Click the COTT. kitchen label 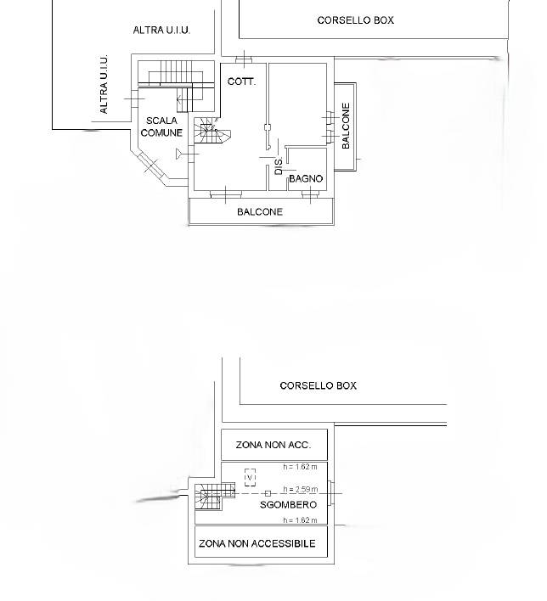coord(241,81)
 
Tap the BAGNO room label coord(306,178)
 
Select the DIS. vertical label coord(279,166)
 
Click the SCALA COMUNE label coord(161,126)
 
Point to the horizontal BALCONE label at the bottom coord(260,211)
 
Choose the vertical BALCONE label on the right coord(346,126)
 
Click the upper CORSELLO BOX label coord(356,20)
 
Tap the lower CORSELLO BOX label coord(318,385)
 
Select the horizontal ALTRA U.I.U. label coord(161,30)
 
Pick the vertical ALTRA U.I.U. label coord(104,84)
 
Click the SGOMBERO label coord(289,505)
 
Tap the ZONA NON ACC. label coord(273,445)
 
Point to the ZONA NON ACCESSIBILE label coord(257,543)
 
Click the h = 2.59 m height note coord(301,489)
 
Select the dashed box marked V coord(250,478)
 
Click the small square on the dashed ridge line coord(268,494)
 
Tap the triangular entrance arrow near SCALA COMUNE coord(179,154)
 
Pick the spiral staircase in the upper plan coord(211,131)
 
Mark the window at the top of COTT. coord(244,59)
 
